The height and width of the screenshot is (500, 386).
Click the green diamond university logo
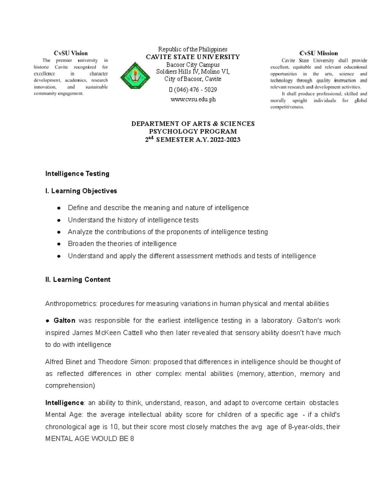[135, 76]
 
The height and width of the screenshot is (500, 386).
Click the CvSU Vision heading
[70, 53]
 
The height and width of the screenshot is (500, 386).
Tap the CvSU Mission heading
[318, 53]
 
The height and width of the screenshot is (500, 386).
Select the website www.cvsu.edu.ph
[193, 100]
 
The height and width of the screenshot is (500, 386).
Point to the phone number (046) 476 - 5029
[195, 90]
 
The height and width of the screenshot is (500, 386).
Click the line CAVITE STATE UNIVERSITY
[193, 57]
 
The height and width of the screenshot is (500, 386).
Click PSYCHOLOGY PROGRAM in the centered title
[193, 131]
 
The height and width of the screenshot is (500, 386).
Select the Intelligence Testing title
[77, 174]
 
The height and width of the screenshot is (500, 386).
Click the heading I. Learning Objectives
[81, 191]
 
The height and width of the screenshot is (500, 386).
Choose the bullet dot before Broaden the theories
[59, 244]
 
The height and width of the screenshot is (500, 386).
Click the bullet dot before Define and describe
[59, 208]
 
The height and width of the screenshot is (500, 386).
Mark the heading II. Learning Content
[78, 279]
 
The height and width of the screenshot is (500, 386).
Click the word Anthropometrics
[71, 304]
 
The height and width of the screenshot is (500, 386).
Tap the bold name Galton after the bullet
[64, 321]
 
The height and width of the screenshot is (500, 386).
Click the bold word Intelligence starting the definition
[64, 403]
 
